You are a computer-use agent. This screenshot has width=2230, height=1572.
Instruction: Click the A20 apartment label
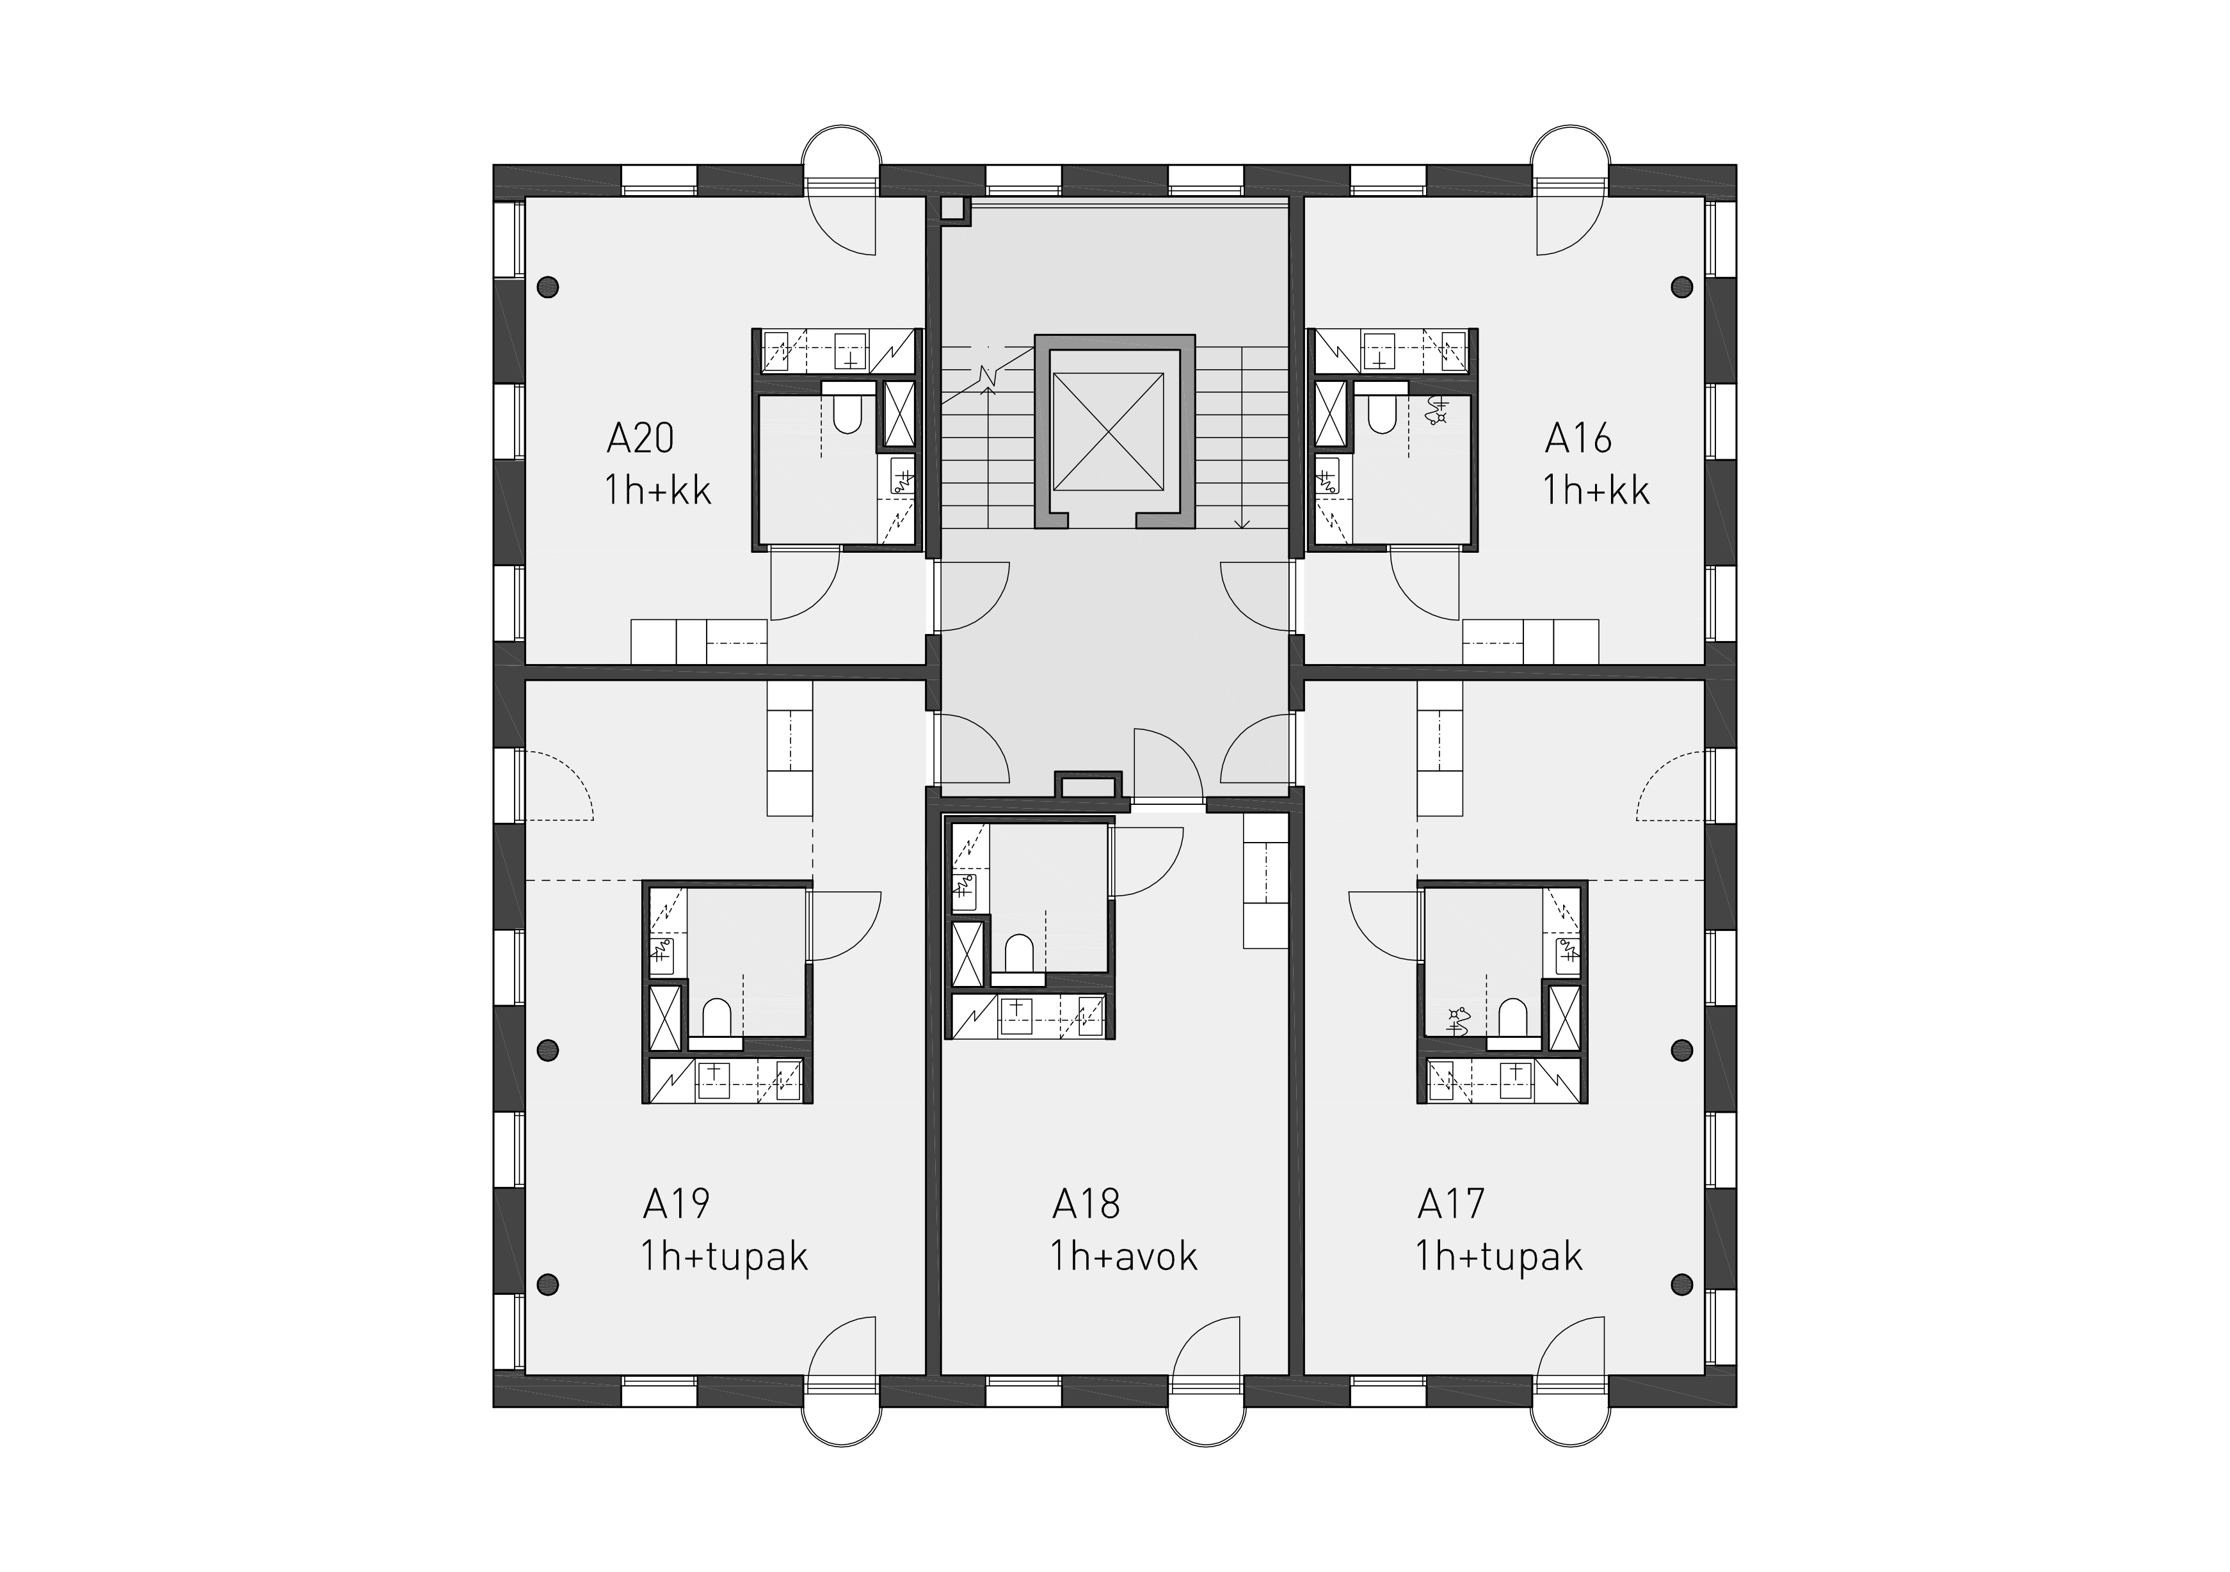pos(640,439)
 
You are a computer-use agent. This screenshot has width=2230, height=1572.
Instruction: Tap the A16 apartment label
pos(1578,439)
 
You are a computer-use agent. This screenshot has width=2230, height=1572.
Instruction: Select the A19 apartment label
pos(676,1205)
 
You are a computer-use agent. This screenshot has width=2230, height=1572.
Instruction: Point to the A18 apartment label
pos(1086,1205)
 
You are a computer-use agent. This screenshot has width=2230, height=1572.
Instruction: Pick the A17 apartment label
pos(1451,1205)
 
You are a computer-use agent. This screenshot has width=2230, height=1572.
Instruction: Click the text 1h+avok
pos(1124,1257)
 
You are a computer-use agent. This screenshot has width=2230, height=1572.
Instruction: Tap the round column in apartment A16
pos(1681,287)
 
